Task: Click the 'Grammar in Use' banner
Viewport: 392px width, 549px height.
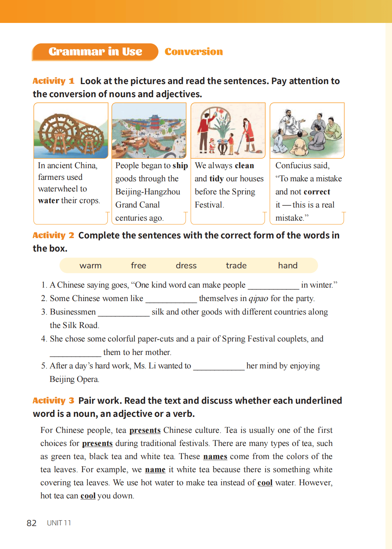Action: click(x=95, y=52)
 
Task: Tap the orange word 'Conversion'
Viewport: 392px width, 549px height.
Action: click(x=194, y=52)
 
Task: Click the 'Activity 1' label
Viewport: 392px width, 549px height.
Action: click(x=54, y=81)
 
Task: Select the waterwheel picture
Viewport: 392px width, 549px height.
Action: click(x=71, y=131)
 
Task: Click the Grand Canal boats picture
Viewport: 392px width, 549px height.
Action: click(x=149, y=131)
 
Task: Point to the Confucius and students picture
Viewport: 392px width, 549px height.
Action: click(x=307, y=131)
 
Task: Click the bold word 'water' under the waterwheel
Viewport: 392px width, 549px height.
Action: click(x=48, y=201)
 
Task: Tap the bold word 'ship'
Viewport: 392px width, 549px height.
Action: click(x=180, y=166)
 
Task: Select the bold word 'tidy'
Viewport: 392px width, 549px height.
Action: click(x=217, y=179)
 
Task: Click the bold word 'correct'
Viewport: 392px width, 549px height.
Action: click(x=317, y=192)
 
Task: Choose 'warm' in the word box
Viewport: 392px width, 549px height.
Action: click(x=91, y=266)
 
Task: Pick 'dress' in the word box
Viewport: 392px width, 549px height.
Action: click(x=186, y=266)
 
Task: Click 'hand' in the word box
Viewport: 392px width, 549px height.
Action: click(x=288, y=266)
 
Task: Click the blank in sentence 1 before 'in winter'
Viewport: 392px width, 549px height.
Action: click(x=273, y=286)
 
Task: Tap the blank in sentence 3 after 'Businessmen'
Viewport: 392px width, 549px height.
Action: click(x=124, y=313)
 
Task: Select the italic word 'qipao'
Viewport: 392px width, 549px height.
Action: click(x=258, y=299)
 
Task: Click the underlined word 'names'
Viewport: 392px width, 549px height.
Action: click(x=215, y=457)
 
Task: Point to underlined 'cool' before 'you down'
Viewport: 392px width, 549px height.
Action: click(x=88, y=496)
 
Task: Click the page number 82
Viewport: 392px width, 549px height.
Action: click(x=32, y=523)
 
